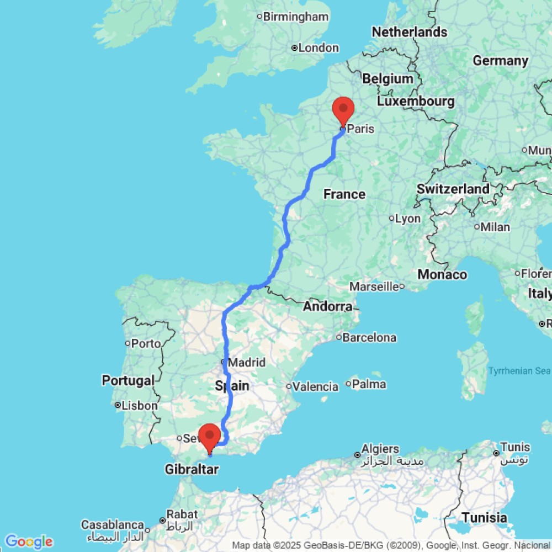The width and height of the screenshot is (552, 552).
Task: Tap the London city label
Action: click(318, 48)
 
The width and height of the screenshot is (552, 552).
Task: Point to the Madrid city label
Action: click(246, 363)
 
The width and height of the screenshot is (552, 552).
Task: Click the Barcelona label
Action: click(369, 337)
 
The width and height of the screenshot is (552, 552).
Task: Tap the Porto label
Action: click(146, 343)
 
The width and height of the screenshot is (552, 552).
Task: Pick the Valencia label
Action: click(315, 386)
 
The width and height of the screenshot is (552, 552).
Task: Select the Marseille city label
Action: click(374, 286)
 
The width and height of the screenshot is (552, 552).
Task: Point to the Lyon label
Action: click(408, 219)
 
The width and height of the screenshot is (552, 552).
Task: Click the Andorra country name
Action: click(328, 306)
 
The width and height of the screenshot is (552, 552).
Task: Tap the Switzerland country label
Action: click(453, 189)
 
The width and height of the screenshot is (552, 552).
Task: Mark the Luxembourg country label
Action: click(416, 102)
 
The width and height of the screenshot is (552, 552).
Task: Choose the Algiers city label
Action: click(381, 448)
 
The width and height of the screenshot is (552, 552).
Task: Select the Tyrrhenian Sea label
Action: click(519, 371)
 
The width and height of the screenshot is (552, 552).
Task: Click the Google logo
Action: click(28, 542)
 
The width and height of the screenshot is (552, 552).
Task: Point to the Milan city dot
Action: click(477, 227)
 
